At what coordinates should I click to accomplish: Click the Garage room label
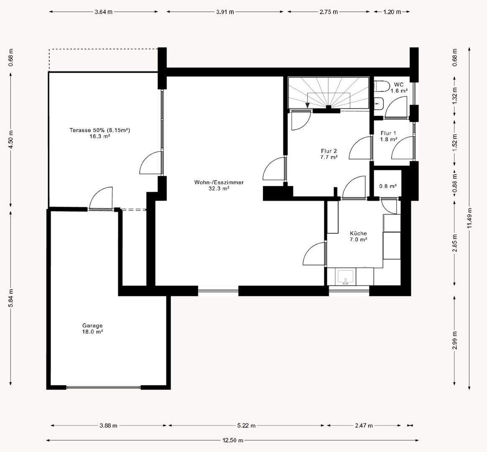[x=92, y=326]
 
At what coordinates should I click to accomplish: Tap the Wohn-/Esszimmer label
[x=219, y=182]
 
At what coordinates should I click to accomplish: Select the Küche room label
[x=358, y=234]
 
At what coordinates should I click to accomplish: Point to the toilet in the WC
[x=382, y=86]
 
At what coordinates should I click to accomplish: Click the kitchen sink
[x=345, y=277]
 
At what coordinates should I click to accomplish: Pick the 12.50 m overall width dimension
[x=232, y=440]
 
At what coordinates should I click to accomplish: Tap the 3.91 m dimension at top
[x=225, y=12]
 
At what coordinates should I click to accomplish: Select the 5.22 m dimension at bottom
[x=246, y=426]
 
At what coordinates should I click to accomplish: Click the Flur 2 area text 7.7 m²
[x=329, y=157]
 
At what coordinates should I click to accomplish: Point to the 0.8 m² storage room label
[x=388, y=186]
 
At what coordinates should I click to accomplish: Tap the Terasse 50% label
[x=99, y=130]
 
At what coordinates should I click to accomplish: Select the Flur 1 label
[x=388, y=134]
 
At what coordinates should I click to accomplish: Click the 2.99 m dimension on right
[x=455, y=340]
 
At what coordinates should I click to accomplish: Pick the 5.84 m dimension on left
[x=11, y=298]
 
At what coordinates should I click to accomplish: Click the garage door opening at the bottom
[x=103, y=388]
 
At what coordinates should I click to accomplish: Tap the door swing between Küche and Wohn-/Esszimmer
[x=314, y=253]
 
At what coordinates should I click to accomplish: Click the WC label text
[x=398, y=85]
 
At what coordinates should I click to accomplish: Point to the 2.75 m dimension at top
[x=329, y=12]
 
